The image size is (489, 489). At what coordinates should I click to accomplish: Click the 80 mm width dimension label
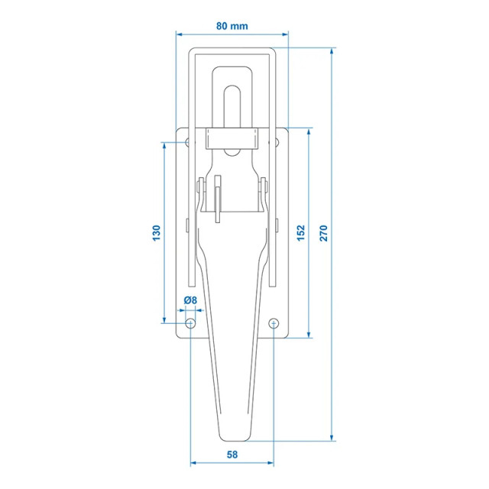(232, 26)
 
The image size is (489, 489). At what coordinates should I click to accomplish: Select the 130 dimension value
(157, 233)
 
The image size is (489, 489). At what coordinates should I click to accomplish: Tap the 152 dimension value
(300, 233)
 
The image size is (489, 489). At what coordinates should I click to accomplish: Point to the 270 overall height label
(323, 233)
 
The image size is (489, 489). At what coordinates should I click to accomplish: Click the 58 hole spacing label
(232, 455)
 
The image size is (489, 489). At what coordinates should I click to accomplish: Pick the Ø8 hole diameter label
(190, 301)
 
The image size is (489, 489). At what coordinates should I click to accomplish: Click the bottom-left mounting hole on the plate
(190, 325)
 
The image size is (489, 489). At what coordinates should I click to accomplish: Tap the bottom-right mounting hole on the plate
(275, 325)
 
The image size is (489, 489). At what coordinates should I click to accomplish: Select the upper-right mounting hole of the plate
(275, 142)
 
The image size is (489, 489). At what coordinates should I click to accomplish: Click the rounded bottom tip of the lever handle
(233, 438)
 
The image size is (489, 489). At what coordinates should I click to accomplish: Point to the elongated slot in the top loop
(233, 107)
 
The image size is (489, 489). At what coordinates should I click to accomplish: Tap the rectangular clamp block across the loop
(233, 138)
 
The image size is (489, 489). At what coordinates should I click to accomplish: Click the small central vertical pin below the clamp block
(218, 199)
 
